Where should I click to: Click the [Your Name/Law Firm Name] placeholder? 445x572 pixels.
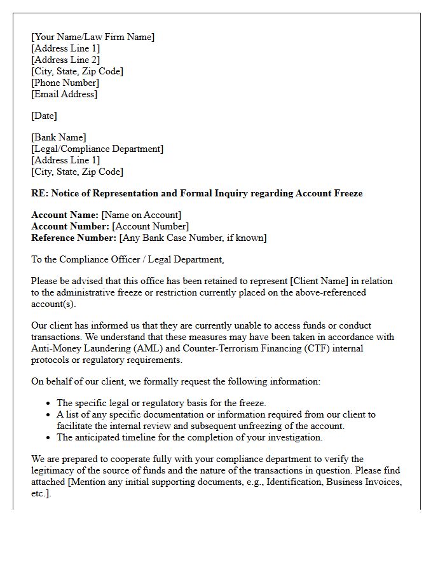coord(93,37)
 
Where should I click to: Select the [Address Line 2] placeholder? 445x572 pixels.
coord(65,60)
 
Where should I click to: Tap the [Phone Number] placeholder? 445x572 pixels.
coord(65,83)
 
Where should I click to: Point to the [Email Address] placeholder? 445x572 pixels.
coord(64,94)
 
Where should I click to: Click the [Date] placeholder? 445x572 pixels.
coord(44,116)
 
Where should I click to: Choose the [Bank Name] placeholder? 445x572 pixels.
coord(58,137)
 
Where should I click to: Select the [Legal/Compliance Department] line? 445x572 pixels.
coord(97,149)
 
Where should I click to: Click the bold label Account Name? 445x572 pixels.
coord(65,215)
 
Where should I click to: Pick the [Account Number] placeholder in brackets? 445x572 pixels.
coord(150,226)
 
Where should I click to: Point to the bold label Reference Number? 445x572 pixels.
coord(74,238)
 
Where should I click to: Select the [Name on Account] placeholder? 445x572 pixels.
coord(141,215)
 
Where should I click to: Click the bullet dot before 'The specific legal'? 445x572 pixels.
coord(48,404)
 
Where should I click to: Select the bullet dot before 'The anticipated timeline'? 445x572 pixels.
coord(48,438)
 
